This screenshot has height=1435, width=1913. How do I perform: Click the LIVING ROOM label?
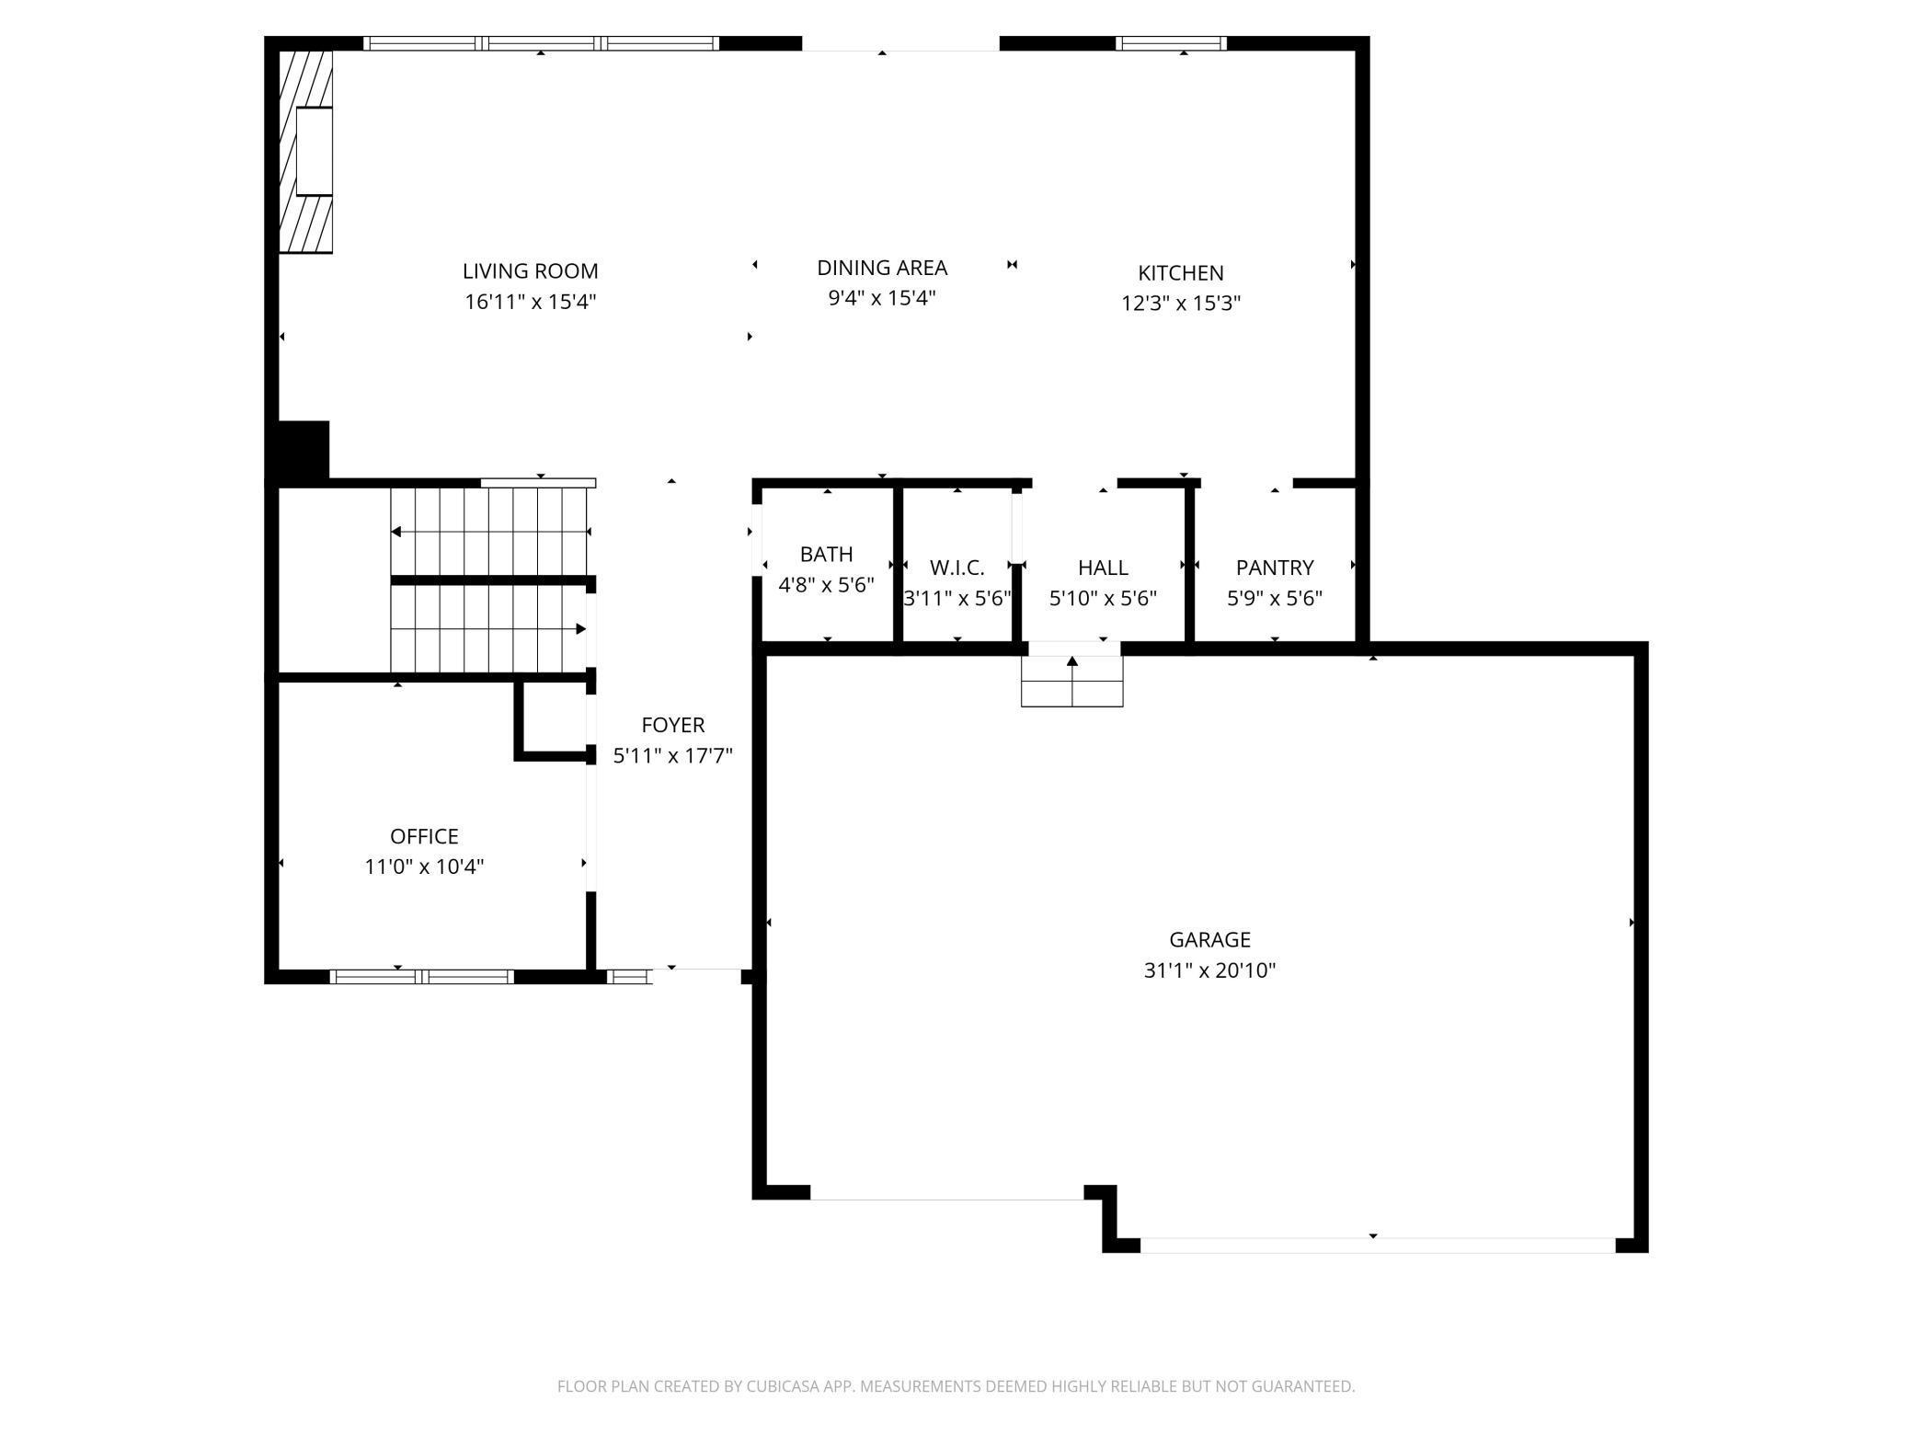530,271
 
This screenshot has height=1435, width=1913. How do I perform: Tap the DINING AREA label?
882,268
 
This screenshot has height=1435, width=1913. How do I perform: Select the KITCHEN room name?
1181,273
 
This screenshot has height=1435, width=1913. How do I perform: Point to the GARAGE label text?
1209,939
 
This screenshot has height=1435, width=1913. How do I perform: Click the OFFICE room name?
424,836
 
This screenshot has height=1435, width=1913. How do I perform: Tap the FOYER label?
673,725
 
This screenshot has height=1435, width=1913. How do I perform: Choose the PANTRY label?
1275,568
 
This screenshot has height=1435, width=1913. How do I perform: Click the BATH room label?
826,554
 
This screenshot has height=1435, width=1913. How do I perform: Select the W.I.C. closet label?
956,568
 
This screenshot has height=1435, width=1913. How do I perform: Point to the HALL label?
1103,568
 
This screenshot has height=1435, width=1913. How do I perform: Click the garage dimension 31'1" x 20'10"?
1209,970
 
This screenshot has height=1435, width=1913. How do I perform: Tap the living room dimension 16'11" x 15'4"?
530,302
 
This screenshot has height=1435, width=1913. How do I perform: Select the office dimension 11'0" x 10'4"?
424,867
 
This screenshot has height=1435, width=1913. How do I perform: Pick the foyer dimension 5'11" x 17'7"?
673,756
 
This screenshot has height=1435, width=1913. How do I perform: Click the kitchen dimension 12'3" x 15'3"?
1181,304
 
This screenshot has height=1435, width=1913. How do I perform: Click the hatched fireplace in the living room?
305,152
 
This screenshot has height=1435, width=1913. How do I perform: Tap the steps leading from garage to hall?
1072,681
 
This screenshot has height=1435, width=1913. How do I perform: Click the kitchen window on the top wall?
1171,43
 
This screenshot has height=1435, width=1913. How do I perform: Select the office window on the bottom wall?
421,977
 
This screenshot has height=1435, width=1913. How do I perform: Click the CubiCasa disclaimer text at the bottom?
956,1386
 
